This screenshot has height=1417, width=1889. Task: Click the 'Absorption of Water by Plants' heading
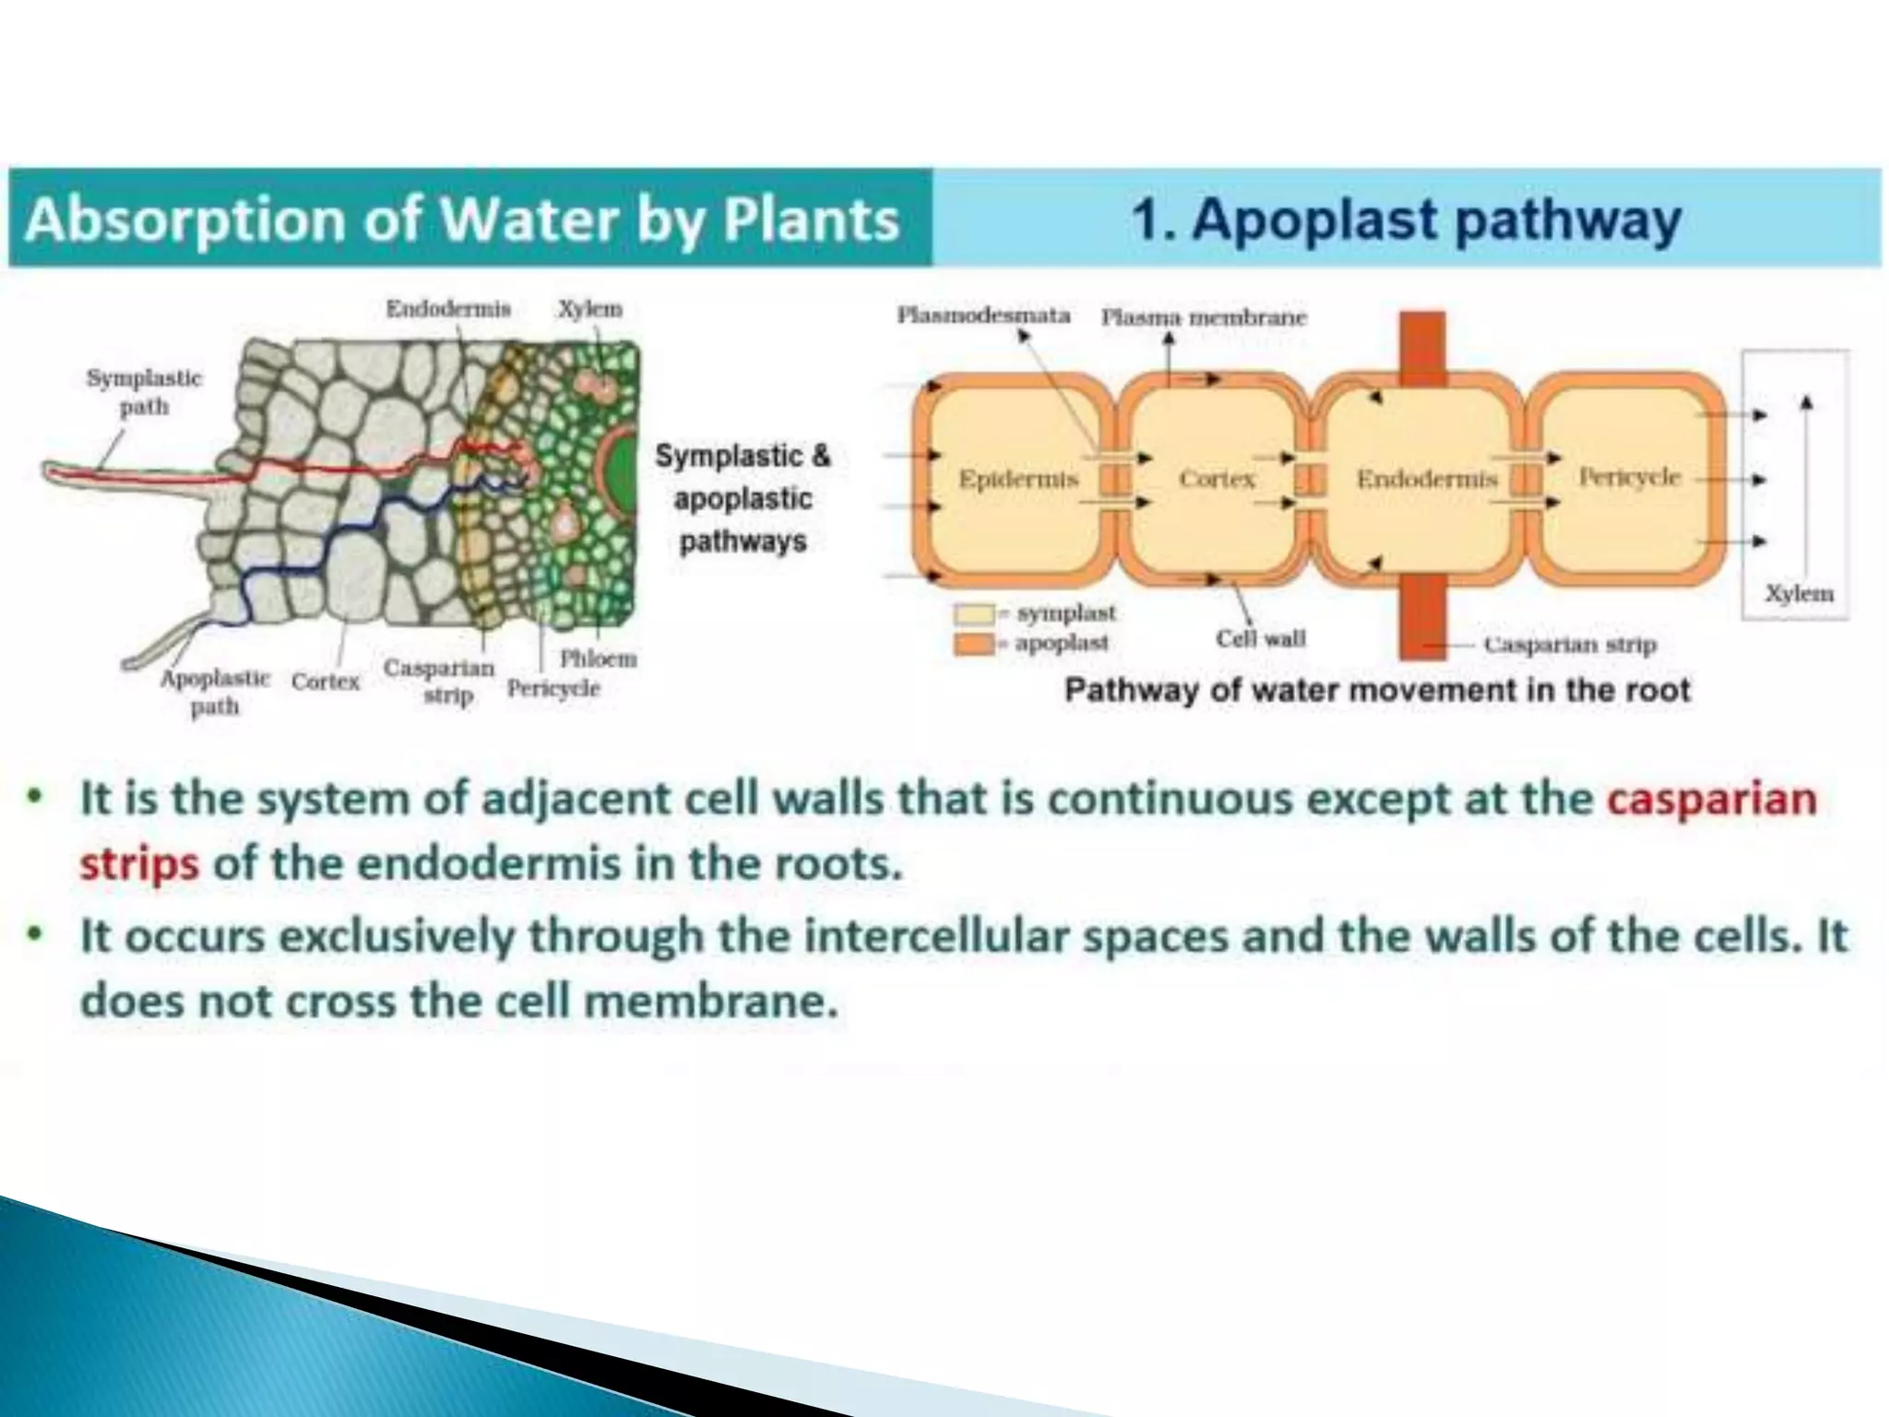[x=462, y=220]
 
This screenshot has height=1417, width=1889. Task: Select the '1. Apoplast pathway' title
[x=1406, y=220]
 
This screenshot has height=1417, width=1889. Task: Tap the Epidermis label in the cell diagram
[x=1017, y=479]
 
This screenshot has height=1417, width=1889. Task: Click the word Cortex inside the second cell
[x=1217, y=479]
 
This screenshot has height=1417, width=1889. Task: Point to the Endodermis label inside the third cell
[x=1426, y=479]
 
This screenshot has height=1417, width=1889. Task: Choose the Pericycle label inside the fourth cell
[x=1629, y=477]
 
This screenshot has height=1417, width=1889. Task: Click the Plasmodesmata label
[x=983, y=316]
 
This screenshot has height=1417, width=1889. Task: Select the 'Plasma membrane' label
[x=1204, y=317]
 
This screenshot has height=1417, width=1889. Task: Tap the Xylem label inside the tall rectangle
[x=1798, y=593]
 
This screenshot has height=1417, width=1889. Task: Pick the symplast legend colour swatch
[x=974, y=613]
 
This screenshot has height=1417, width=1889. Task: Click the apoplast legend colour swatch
[x=974, y=643]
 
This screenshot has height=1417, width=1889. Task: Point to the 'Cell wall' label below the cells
[x=1260, y=638]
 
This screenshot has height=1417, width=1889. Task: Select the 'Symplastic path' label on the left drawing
[x=144, y=392]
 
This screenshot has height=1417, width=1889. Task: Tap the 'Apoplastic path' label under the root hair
[x=215, y=692]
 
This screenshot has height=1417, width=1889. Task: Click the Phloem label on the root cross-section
[x=598, y=659]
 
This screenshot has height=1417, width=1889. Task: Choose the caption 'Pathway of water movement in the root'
[x=1377, y=690]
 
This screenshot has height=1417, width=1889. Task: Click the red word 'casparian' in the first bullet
[x=1711, y=798]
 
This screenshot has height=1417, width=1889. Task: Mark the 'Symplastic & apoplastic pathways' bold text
[x=743, y=498]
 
